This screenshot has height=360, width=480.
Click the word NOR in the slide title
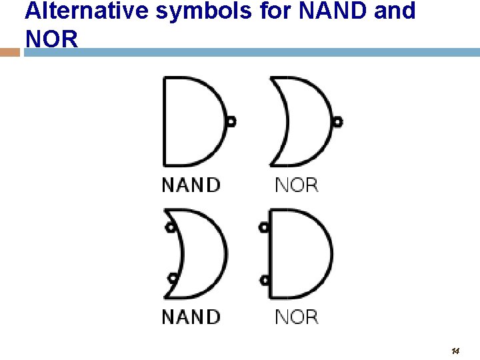pyautogui.click(x=51, y=39)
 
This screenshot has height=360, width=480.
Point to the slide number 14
pyautogui.click(x=455, y=351)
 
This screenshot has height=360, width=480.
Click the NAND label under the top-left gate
pyautogui.click(x=191, y=185)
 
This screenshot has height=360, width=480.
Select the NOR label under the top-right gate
pyautogui.click(x=297, y=185)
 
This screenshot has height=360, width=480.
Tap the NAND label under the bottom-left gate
pyautogui.click(x=191, y=317)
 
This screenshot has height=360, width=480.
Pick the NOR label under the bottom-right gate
pyautogui.click(x=297, y=317)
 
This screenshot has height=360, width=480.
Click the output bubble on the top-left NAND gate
pyautogui.click(x=231, y=122)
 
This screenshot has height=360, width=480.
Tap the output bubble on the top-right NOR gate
pyautogui.click(x=337, y=122)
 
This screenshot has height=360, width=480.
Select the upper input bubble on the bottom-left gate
pyautogui.click(x=171, y=227)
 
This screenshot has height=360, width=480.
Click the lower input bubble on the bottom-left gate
pyautogui.click(x=173, y=278)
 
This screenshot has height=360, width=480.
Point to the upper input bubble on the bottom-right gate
pyautogui.click(x=264, y=227)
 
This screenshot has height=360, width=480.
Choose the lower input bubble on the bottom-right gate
pyautogui.click(x=264, y=279)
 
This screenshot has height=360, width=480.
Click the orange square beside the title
pyautogui.click(x=10, y=51)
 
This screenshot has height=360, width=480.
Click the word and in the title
pyautogui.click(x=395, y=11)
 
